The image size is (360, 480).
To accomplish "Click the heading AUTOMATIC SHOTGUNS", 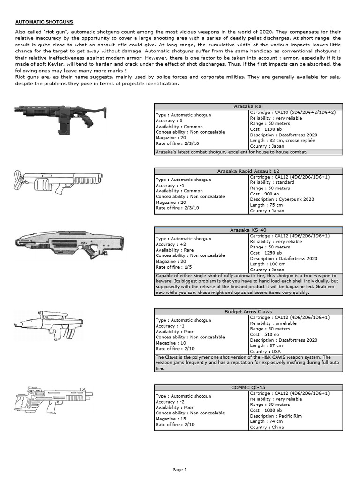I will pos(45,22).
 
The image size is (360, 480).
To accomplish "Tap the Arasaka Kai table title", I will pos(248,106).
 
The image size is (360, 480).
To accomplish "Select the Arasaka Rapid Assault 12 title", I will pos(248,171).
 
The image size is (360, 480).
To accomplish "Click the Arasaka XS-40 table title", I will pos(248,230).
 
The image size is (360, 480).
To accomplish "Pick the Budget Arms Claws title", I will pos(248,311).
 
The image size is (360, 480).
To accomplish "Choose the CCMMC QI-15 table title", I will pos(248,387).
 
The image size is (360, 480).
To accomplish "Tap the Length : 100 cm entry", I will pos(267,264).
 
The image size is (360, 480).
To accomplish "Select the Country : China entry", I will pos(268,427).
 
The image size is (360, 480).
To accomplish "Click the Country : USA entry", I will pos(266,351).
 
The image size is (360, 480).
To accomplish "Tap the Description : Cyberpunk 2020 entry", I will pos(282,199).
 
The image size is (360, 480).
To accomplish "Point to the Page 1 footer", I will pos(180,469).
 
